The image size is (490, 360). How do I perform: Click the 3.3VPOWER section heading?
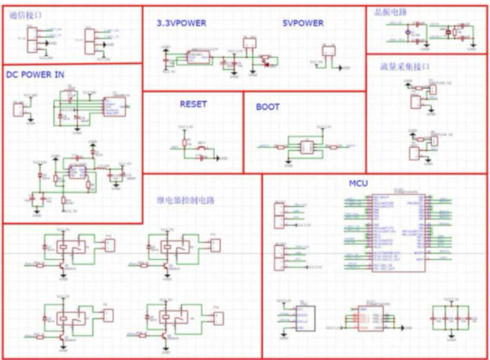coord(181,23)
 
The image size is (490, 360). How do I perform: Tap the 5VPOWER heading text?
coord(303,23)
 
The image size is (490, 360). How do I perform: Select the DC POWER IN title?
coord(35,74)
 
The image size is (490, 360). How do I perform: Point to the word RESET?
coord(193,104)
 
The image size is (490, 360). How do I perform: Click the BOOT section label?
coord(268,107)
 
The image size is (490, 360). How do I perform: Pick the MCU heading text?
coord(358,184)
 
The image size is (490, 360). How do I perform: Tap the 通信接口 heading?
coord(25,16)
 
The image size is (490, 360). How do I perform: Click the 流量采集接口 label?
coord(398,67)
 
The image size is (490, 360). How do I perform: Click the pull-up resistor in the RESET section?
coord(184,142)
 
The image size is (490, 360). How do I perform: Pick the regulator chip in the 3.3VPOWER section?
coord(198,57)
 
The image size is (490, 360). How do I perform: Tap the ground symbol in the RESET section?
coord(218,158)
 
